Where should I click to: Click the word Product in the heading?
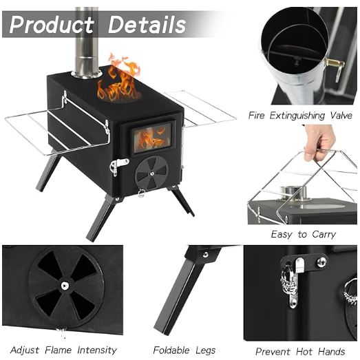(52, 25)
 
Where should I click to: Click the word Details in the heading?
(147, 25)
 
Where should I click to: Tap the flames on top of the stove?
(118, 78)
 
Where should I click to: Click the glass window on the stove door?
(152, 138)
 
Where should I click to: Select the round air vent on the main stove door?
(151, 173)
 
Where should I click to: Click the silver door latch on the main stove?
(118, 166)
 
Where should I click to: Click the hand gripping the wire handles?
(319, 142)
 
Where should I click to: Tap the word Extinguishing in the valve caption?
(297, 115)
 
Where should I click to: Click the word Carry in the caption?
(324, 235)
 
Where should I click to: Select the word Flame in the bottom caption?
(58, 350)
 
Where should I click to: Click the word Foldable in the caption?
(171, 350)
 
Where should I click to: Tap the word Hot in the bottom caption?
(304, 352)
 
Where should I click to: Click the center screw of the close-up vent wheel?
(65, 286)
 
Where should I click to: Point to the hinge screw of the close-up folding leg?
(206, 255)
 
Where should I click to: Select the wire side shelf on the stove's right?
(200, 108)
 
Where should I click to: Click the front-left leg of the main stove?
(100, 218)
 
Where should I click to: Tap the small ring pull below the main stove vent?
(141, 193)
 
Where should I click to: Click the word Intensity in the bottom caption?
(97, 350)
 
